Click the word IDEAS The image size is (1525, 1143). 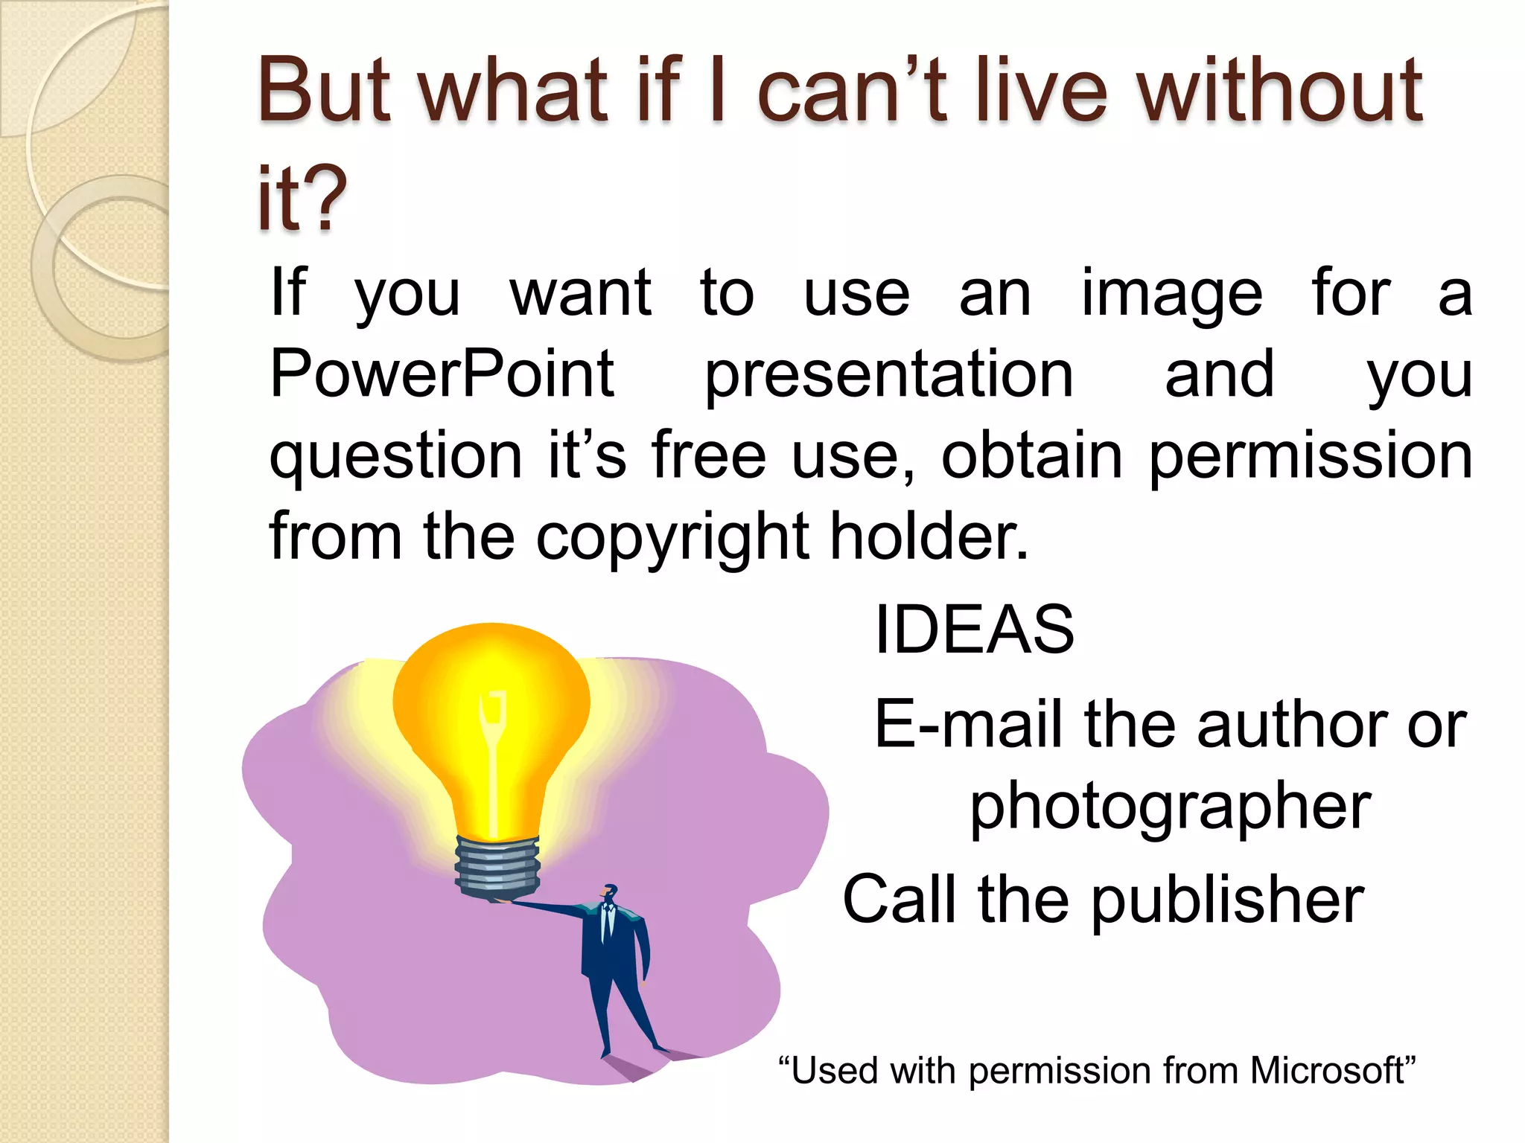coord(974,630)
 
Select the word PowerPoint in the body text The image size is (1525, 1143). coord(442,374)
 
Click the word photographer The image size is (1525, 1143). coord(1170,807)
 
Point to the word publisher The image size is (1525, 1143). coord(1227,900)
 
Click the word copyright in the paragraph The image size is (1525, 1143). coord(672,537)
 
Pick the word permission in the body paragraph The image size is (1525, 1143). coord(1311,456)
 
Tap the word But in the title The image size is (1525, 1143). coord(324,91)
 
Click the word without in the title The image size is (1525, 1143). coord(1281,91)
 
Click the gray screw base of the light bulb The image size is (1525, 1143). coord(497,868)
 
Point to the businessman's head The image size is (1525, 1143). coord(610,892)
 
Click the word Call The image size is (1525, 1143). coord(900,900)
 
